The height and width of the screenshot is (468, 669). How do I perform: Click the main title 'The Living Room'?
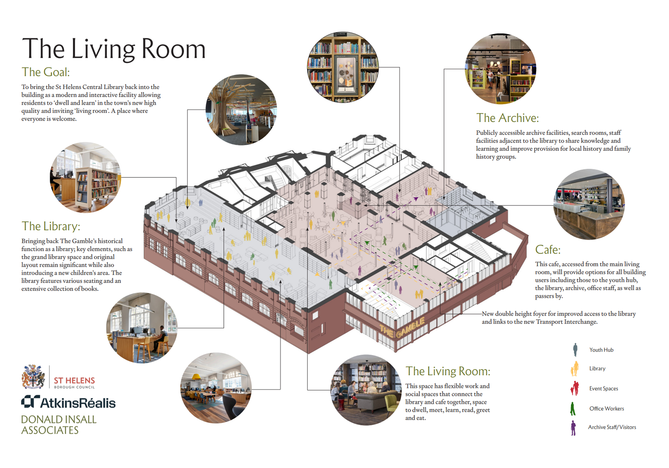114,49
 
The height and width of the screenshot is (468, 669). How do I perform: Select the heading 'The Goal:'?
45,72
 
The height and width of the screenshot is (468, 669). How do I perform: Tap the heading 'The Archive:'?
507,118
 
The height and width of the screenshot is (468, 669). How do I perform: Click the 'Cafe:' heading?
547,250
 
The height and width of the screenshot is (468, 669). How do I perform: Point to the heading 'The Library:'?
50,226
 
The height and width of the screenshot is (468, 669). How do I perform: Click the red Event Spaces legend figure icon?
574,388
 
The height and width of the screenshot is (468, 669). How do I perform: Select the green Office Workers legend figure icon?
573,409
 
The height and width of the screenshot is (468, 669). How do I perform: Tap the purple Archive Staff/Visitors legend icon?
573,428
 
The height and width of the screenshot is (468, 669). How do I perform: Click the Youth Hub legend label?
601,350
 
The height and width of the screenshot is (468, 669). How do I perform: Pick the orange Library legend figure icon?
574,369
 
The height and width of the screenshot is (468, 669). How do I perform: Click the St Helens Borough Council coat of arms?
33,376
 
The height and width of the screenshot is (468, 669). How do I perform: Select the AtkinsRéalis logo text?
68,403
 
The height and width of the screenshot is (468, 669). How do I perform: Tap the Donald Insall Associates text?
58,425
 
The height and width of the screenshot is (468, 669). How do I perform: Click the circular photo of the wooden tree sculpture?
241,109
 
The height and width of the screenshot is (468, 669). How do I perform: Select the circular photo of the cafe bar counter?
589,204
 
